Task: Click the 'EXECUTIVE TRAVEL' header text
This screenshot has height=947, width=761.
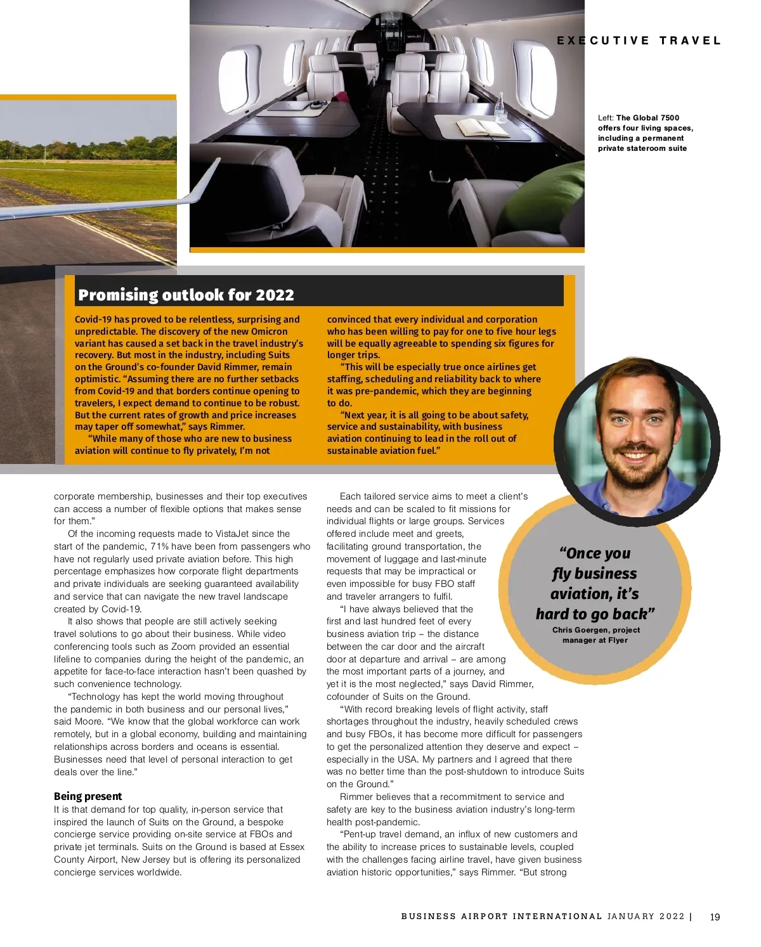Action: point(639,41)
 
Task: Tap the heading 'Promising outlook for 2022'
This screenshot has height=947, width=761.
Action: point(186,295)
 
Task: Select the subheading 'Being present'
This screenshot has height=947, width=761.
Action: point(88,796)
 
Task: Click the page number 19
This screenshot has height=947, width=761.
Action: point(715,917)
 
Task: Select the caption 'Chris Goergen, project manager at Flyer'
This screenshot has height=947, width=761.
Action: point(595,635)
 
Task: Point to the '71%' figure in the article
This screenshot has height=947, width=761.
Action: point(159,546)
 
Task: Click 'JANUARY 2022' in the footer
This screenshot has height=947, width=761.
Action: point(646,917)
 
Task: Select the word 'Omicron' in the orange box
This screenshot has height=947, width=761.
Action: point(270,332)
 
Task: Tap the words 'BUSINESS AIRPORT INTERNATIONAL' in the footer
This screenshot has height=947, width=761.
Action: point(501,917)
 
